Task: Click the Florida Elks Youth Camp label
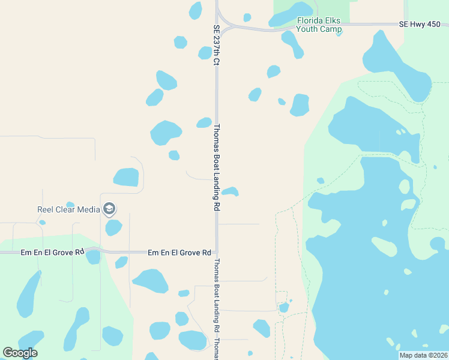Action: (319, 25)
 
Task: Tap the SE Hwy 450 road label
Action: (423, 25)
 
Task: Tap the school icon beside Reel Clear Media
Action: (109, 209)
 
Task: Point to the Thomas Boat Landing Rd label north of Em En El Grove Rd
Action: (217, 167)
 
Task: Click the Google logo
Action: (20, 353)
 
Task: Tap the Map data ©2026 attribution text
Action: (423, 355)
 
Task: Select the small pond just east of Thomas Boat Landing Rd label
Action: (231, 192)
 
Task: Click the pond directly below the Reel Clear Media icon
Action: (113, 228)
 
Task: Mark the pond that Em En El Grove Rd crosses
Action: (93, 257)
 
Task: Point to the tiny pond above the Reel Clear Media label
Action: (70, 204)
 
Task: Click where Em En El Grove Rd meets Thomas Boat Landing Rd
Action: (217, 253)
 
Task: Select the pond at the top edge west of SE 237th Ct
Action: (196, 10)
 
